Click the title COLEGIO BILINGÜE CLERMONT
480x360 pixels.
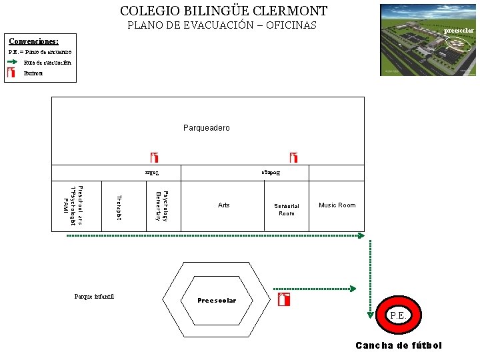223,11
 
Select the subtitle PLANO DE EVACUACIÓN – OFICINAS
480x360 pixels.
222,26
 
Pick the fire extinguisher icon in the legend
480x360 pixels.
11,73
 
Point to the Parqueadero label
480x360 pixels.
206,127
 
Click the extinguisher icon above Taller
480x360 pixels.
155,158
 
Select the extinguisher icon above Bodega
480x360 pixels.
293,158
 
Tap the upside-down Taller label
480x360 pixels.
153,173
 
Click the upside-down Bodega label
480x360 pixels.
271,173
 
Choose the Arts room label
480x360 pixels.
223,205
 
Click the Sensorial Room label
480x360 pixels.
287,209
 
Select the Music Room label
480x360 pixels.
337,205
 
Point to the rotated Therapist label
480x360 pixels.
119,207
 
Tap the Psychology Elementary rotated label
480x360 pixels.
161,205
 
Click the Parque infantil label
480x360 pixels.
95,296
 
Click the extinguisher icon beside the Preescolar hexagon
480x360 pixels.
284,299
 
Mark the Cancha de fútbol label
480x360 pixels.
399,345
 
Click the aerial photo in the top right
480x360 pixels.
427,39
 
